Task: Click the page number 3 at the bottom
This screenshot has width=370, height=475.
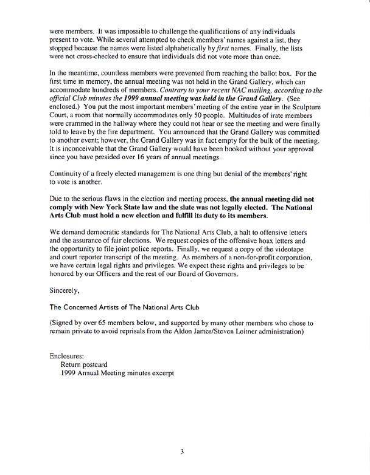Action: (182, 451)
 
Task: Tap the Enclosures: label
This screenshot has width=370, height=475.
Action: (68, 355)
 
